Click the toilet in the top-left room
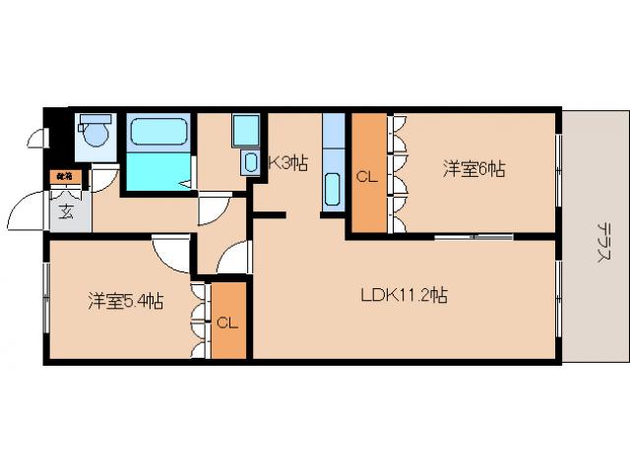click(x=95, y=134)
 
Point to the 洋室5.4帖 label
click(x=124, y=301)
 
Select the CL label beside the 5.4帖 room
click(x=226, y=323)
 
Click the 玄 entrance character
click(x=65, y=210)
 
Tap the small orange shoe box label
click(x=64, y=177)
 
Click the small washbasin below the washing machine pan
click(x=249, y=163)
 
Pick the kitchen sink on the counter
click(x=332, y=187)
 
